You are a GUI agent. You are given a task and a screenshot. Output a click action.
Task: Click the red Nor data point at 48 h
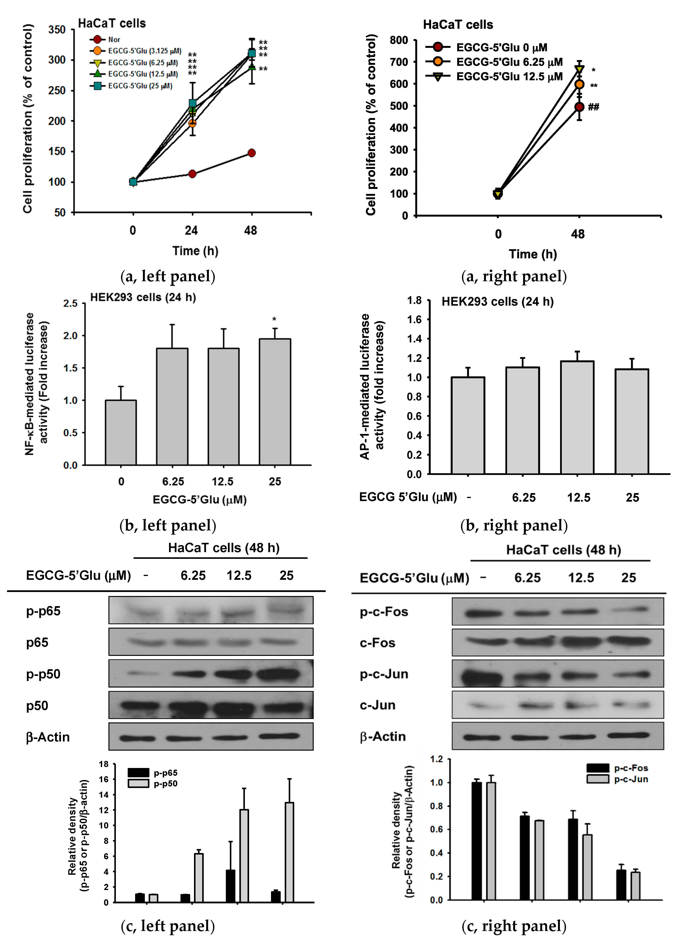tap(252, 153)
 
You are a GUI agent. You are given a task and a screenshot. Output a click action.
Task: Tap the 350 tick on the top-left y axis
tap(57, 30)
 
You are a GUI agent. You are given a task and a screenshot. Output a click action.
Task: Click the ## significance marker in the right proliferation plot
tap(594, 107)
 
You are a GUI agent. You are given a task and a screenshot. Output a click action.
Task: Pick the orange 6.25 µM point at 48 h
tap(579, 84)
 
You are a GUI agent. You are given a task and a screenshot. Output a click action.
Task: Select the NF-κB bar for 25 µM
tap(275, 401)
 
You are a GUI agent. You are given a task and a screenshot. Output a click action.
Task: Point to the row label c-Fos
tap(377, 643)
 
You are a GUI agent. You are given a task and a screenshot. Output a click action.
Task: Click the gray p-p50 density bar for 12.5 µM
tap(244, 855)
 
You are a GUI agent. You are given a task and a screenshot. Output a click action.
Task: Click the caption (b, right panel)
tap(514, 526)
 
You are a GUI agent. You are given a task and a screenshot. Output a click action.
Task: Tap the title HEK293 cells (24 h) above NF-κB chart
tap(143, 297)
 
